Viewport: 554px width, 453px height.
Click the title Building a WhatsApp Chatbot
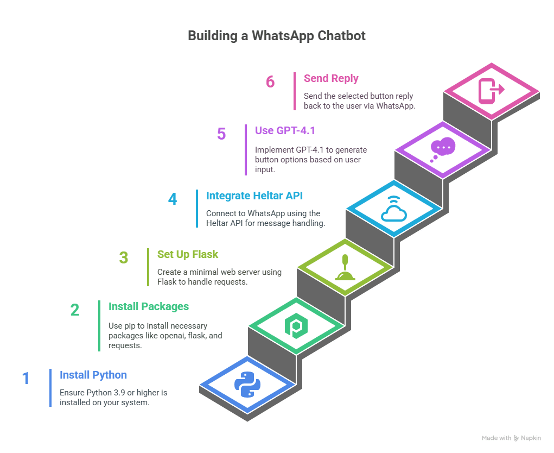click(277, 36)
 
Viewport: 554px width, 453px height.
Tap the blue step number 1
click(26, 378)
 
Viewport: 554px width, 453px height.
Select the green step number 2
click(75, 310)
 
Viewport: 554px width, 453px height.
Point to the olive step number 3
click(124, 257)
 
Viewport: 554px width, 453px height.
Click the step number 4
click(173, 199)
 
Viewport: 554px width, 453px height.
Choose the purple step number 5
click(221, 134)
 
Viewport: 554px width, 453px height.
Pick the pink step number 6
click(270, 81)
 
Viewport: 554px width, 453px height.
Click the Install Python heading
click(93, 375)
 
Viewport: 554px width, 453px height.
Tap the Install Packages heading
click(149, 306)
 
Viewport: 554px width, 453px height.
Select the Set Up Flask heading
click(188, 254)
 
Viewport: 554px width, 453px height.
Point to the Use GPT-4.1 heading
click(285, 130)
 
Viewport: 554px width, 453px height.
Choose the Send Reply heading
click(331, 78)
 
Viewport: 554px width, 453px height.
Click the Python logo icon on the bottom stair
click(247, 384)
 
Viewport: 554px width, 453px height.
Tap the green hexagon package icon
click(296, 325)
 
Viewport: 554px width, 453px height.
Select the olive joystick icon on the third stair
click(345, 268)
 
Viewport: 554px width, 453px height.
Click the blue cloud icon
click(394, 211)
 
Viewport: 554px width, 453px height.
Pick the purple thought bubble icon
click(443, 149)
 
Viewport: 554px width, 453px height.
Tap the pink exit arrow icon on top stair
click(492, 90)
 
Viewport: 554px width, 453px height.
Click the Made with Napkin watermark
click(511, 438)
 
